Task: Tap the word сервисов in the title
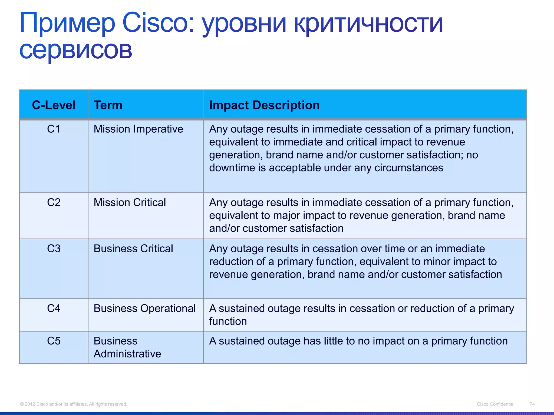pyautogui.click(x=76, y=50)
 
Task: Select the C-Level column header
pyautogui.click(x=54, y=105)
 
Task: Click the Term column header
pyautogui.click(x=108, y=105)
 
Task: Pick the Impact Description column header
pyautogui.click(x=264, y=105)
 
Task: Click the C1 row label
pyautogui.click(x=54, y=129)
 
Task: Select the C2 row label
pyautogui.click(x=54, y=202)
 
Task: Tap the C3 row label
pyautogui.click(x=54, y=249)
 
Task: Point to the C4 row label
pyautogui.click(x=54, y=308)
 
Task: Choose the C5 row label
pyautogui.click(x=54, y=341)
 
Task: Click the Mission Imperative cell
pyautogui.click(x=138, y=129)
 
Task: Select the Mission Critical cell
pyautogui.click(x=130, y=202)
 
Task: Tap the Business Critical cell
pyautogui.click(x=133, y=249)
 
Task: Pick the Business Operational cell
pyautogui.click(x=144, y=308)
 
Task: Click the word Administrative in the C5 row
pyautogui.click(x=127, y=354)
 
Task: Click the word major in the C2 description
pyautogui.click(x=286, y=216)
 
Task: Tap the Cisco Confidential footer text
pyautogui.click(x=495, y=404)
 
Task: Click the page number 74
pyautogui.click(x=532, y=404)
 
